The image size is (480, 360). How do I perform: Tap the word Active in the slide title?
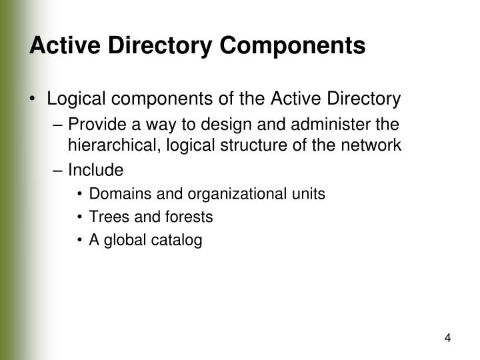point(61,45)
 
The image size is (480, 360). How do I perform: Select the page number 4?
point(448,338)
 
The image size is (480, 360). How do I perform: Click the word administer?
point(338,125)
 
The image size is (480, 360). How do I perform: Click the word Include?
point(95,171)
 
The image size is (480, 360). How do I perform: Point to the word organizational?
point(208,194)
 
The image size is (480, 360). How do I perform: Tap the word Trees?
point(106,217)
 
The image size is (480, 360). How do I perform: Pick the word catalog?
point(178,240)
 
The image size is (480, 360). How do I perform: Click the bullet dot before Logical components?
point(33,100)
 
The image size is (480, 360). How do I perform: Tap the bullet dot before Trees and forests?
point(80,217)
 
